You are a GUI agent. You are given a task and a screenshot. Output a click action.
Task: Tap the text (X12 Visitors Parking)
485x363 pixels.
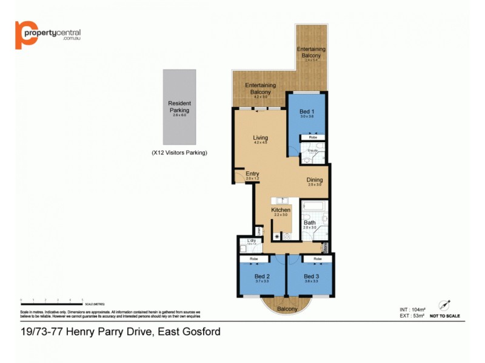point(179,153)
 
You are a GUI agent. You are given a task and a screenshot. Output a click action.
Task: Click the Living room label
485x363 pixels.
point(261,139)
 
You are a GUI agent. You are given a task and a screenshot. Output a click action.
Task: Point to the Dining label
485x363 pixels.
point(314,180)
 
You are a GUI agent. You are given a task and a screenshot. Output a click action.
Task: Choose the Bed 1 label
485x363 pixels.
point(307,112)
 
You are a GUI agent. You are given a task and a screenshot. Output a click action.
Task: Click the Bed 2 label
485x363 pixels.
point(263,276)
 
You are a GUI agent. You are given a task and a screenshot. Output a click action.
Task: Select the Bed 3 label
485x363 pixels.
point(312,276)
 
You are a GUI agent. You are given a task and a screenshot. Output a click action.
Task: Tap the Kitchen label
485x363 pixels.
point(281,210)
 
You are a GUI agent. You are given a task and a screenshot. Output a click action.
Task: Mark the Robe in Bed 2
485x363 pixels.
point(253,259)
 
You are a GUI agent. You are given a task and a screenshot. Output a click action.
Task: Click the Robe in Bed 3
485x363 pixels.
point(317,259)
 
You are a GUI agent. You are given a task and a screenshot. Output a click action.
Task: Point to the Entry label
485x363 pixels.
point(252,174)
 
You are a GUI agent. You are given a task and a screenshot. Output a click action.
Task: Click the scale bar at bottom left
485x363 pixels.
point(52,300)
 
